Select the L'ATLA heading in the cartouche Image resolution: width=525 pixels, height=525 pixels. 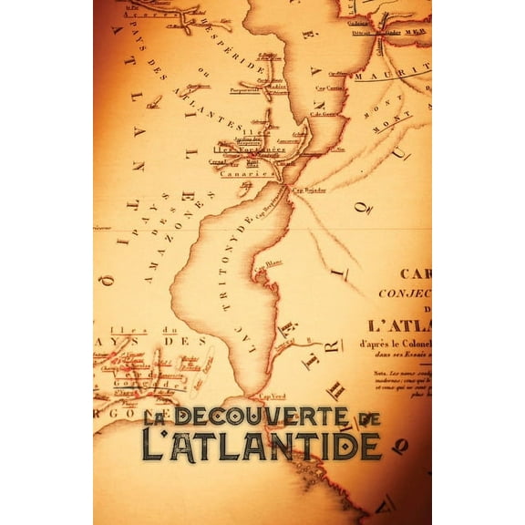406,324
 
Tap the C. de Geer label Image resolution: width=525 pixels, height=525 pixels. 324,113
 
